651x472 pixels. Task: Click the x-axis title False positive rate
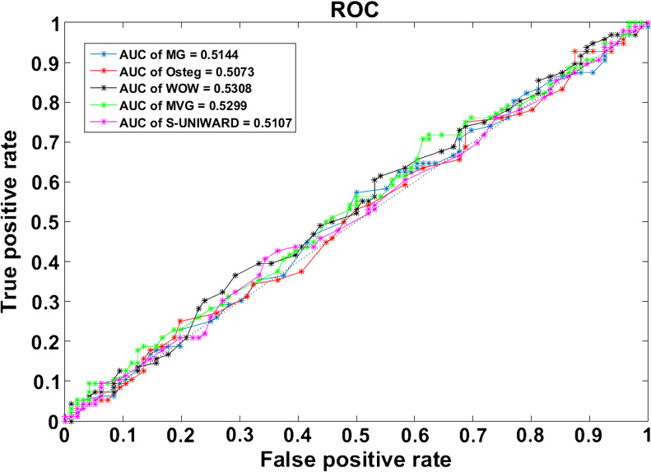[356, 458]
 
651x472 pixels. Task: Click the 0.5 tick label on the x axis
[356, 434]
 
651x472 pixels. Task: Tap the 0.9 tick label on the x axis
[589, 434]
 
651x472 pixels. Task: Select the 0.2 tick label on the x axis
[181, 434]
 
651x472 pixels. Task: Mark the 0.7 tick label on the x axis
[472, 434]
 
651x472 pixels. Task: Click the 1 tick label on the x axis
[647, 434]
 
